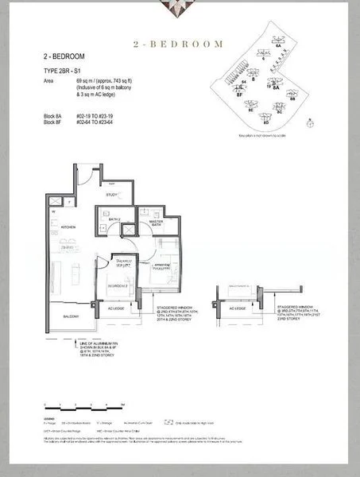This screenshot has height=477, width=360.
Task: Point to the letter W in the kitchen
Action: tap(52, 212)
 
